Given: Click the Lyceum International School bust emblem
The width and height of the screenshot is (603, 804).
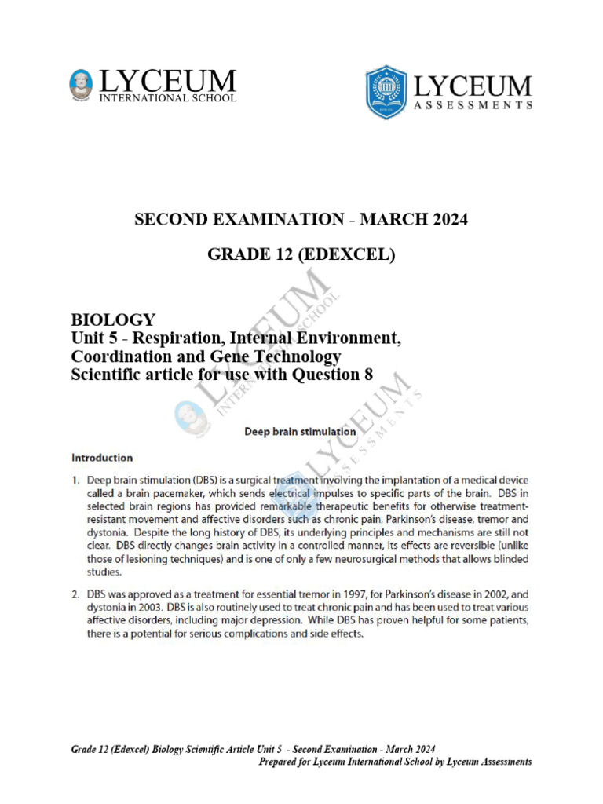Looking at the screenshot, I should pyautogui.click(x=81, y=86).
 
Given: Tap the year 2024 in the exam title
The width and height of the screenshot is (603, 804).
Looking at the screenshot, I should pyautogui.click(x=449, y=220).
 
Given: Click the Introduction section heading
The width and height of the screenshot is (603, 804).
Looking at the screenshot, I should pyautogui.click(x=102, y=457).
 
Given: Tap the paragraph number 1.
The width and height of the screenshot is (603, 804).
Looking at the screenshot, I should pyautogui.click(x=76, y=481).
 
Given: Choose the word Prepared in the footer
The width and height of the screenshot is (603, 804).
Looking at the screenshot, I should pyautogui.click(x=283, y=762).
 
